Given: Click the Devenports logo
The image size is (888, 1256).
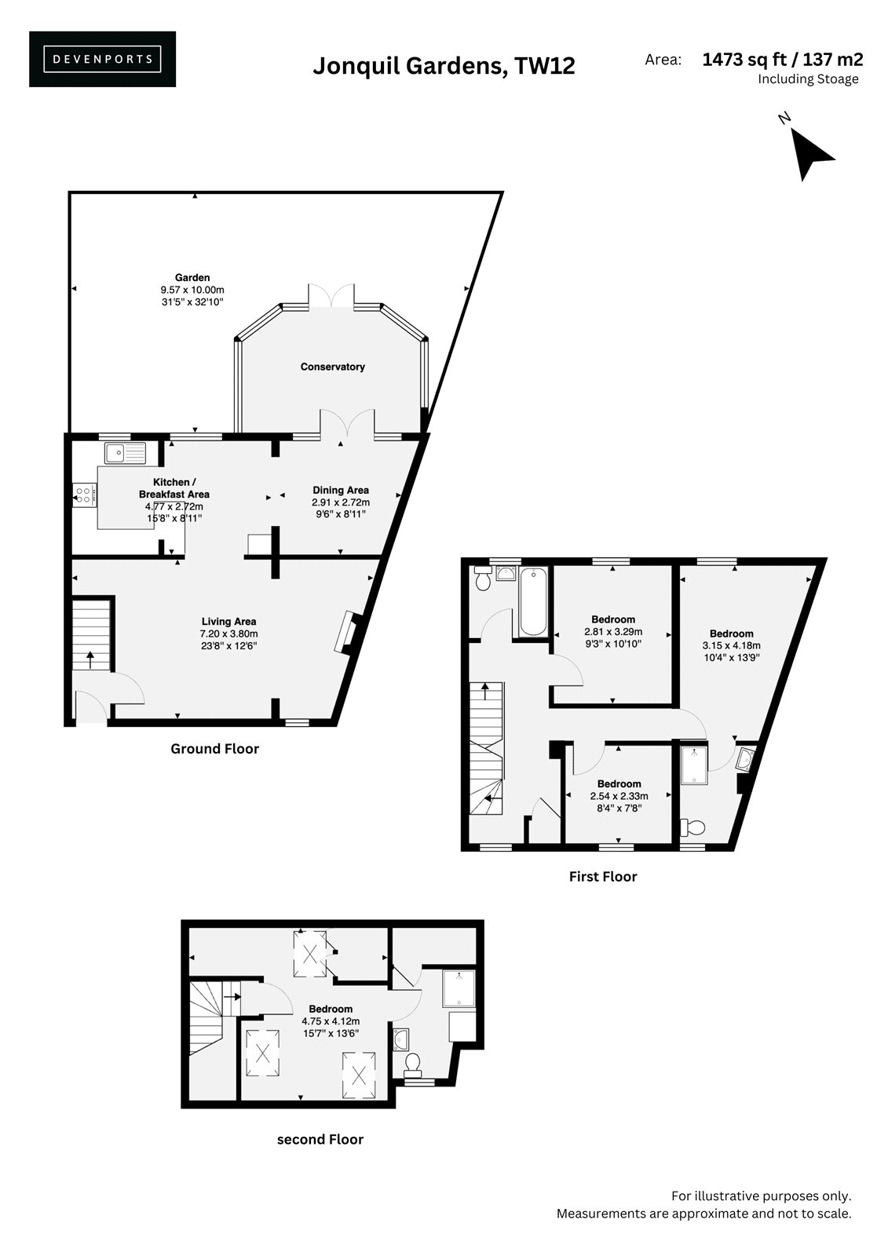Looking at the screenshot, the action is pos(102,59).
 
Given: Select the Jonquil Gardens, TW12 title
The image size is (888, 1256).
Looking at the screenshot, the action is pos(444,66).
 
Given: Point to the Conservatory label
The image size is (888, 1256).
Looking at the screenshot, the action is pos(333,367).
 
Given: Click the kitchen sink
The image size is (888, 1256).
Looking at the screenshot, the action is pos(125,452).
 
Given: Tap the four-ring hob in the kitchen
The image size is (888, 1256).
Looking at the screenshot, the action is pos(84,495).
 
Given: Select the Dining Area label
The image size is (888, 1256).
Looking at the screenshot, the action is pos(341,490).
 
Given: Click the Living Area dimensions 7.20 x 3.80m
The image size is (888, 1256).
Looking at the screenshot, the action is pos(229,633).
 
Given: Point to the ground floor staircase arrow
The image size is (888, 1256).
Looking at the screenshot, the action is pos(90,659).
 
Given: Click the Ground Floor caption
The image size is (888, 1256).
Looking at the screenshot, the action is pos(215,749).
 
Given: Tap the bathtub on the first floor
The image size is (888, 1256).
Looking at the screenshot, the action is pos(533,601).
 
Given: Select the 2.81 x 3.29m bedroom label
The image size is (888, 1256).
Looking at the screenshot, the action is pos(613,631).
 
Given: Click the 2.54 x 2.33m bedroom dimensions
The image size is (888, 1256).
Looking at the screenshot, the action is pos(619,796).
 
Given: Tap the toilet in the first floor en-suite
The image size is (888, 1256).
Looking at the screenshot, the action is pos(692,827).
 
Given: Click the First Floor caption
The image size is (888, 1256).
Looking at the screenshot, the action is pos(603,876).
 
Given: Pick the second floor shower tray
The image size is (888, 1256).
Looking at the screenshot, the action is pos(459,988).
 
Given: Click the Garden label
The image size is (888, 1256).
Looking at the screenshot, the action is pos(192,278).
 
